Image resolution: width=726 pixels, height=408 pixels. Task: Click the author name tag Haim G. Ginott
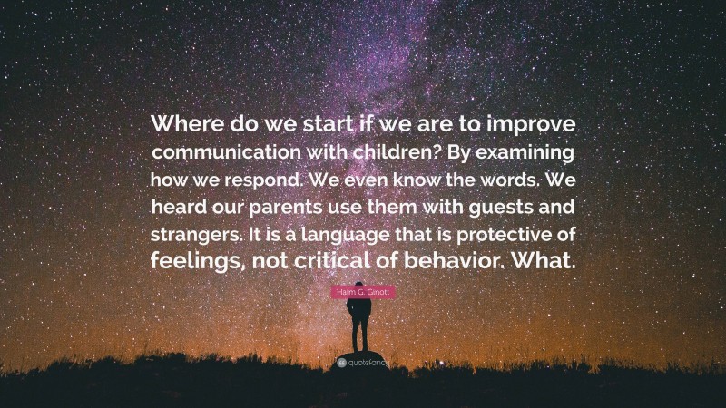[x=362, y=296]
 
